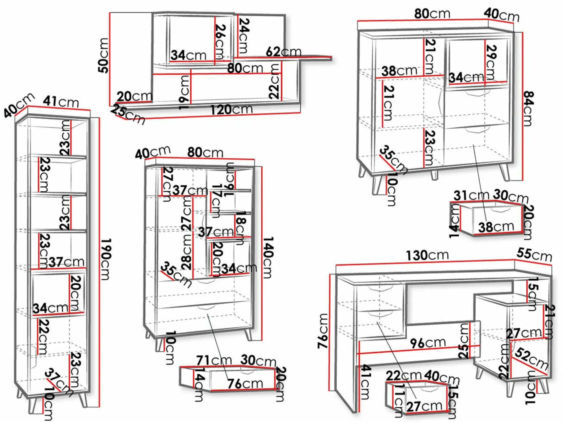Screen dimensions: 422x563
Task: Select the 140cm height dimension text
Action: click(268, 257)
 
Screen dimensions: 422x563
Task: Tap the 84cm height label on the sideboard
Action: click(528, 108)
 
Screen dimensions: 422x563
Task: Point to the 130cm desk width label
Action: click(427, 255)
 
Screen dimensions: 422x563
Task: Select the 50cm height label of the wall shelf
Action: click(103, 55)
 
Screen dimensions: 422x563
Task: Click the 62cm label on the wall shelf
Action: click(284, 52)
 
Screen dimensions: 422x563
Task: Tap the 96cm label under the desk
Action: click(428, 343)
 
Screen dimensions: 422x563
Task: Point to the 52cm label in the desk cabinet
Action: click(531, 358)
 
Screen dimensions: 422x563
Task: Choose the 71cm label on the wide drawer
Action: click(214, 361)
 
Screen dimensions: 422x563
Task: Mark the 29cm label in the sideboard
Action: click(491, 62)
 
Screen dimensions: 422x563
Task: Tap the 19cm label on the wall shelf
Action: click(184, 93)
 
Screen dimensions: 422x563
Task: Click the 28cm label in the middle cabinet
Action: click(187, 251)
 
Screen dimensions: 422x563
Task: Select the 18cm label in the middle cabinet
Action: click(241, 228)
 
